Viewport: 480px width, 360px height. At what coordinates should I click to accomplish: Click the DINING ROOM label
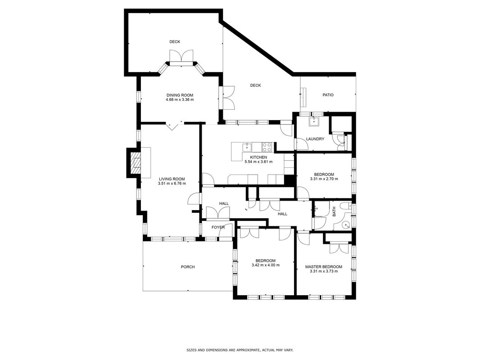click(180, 95)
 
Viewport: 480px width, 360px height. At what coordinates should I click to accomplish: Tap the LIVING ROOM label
click(172, 179)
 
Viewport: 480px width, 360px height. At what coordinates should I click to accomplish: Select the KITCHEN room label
click(258, 157)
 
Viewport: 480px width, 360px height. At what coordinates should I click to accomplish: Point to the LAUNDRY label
click(315, 139)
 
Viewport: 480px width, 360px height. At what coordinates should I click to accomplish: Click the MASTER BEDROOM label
click(324, 267)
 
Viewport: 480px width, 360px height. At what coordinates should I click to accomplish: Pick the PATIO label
click(328, 95)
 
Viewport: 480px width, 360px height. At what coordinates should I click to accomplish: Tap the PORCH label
click(188, 267)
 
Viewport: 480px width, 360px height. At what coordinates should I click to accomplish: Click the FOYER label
click(218, 228)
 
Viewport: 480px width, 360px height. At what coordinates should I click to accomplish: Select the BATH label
click(334, 211)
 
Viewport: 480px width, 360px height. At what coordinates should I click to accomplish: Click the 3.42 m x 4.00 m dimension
click(265, 265)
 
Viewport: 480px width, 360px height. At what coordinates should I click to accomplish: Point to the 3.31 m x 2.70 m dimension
click(324, 179)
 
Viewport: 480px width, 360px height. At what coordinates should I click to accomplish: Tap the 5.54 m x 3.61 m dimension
click(258, 162)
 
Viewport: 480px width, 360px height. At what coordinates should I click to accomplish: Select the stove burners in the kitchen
click(267, 147)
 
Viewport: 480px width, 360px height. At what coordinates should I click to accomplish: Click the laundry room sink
click(314, 121)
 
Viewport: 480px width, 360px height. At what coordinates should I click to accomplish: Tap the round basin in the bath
click(346, 226)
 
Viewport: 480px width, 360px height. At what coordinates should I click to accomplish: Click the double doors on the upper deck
click(181, 55)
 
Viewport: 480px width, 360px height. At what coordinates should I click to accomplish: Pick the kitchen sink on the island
click(247, 147)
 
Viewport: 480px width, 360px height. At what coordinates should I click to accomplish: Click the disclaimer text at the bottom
click(240, 350)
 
